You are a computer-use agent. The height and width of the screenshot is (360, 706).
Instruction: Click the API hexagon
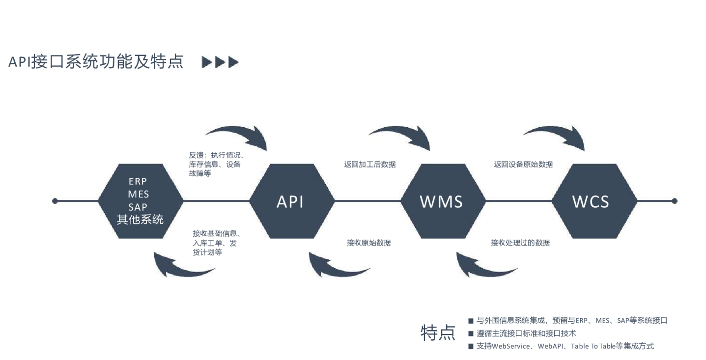pyautogui.click(x=291, y=201)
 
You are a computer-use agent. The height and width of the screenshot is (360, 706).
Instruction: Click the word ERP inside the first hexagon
pyautogui.click(x=138, y=182)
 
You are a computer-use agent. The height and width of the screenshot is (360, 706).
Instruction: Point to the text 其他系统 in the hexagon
pyautogui.click(x=140, y=220)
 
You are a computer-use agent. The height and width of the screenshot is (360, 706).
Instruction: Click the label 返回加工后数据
pyautogui.click(x=370, y=165)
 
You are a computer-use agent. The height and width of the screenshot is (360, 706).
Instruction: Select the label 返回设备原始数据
pyautogui.click(x=523, y=165)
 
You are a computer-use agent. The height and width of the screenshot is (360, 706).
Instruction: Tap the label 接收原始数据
pyautogui.click(x=369, y=243)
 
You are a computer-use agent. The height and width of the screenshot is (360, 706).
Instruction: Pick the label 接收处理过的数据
pyautogui.click(x=520, y=243)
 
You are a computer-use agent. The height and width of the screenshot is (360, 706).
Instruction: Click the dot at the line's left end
pyautogui.click(x=55, y=201)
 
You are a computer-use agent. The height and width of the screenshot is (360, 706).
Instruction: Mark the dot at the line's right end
pyautogui.click(x=675, y=201)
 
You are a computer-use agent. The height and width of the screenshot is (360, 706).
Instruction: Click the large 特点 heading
pyautogui.click(x=438, y=333)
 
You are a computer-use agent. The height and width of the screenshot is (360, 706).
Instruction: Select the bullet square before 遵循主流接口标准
pyautogui.click(x=471, y=334)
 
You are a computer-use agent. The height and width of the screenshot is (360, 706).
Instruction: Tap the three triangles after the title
pyautogui.click(x=221, y=62)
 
